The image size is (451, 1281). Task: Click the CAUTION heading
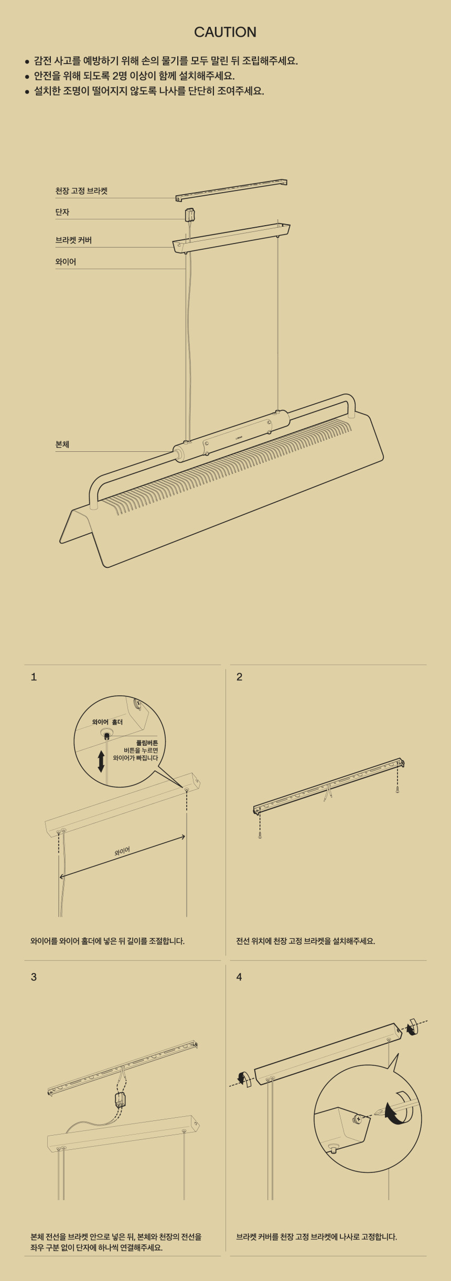[225, 32]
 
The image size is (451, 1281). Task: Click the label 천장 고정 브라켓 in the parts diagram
[81, 191]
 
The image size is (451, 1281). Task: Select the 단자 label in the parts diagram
[62, 212]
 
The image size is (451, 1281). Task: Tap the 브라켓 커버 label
[73, 240]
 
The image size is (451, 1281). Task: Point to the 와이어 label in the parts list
[66, 262]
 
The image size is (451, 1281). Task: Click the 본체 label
[62, 444]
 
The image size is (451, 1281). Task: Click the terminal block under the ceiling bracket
[190, 215]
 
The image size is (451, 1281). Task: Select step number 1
[34, 677]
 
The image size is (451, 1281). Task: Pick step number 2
[239, 677]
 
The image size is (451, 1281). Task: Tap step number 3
[34, 977]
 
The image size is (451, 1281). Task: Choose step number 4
[239, 977]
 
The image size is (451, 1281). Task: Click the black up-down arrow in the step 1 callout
[101, 761]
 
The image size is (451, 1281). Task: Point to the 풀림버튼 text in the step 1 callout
[147, 743]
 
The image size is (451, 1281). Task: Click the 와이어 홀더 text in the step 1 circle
[108, 722]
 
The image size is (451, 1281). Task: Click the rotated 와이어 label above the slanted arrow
[122, 851]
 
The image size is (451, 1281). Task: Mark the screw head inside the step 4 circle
[358, 1119]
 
